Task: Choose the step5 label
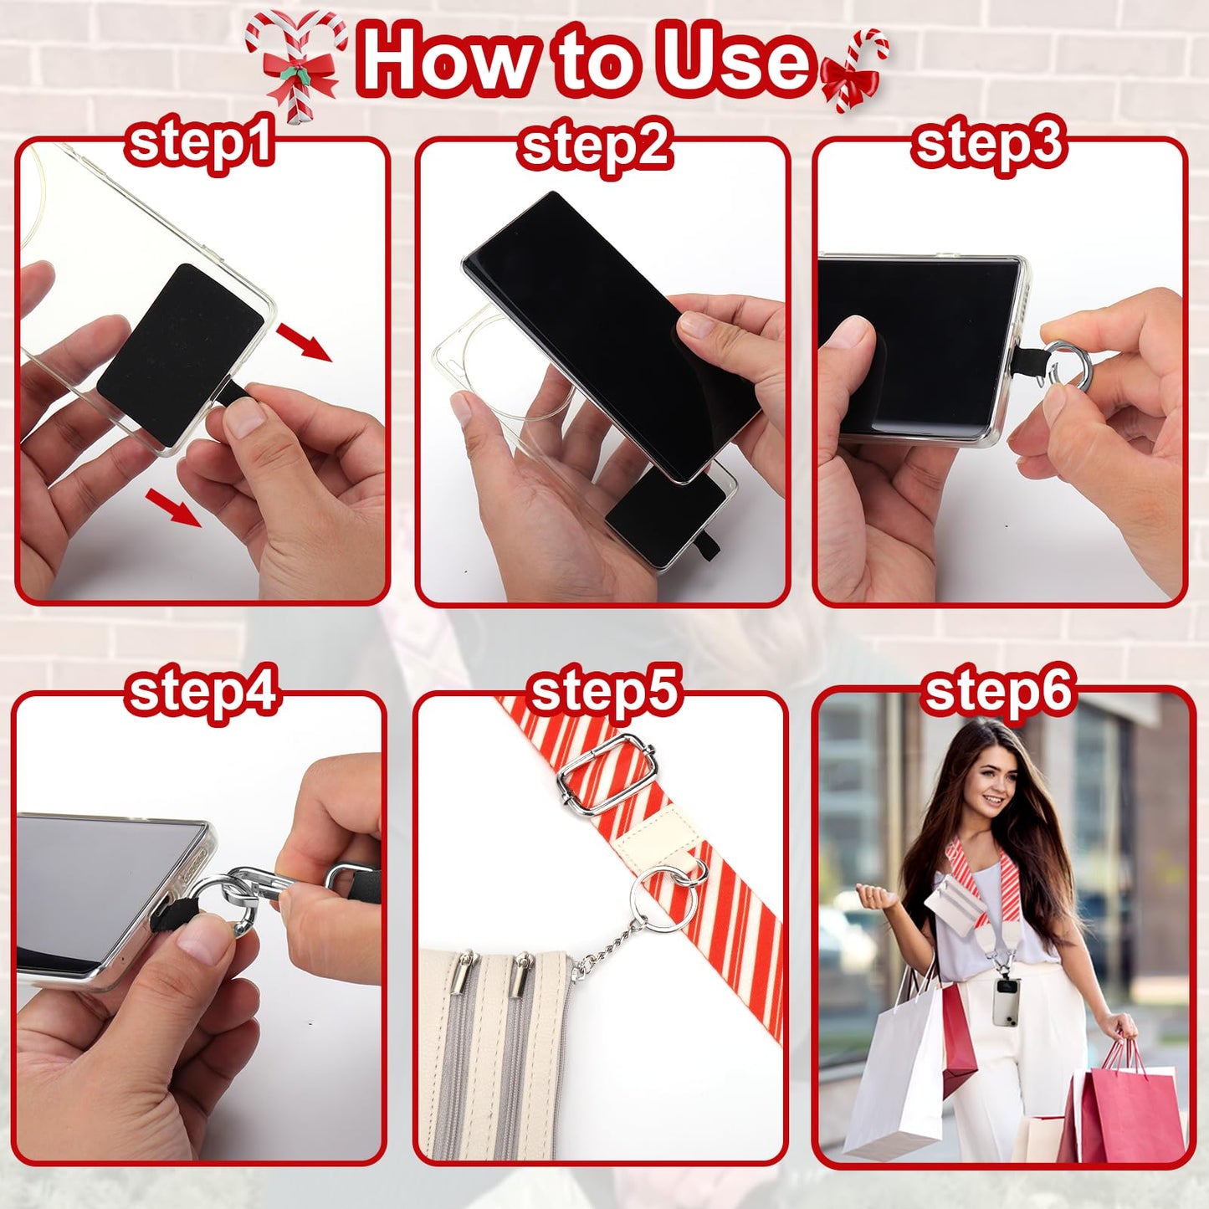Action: point(604,693)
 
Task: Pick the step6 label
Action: point(997,693)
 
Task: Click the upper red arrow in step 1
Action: point(305,342)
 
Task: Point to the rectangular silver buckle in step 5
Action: point(605,781)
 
